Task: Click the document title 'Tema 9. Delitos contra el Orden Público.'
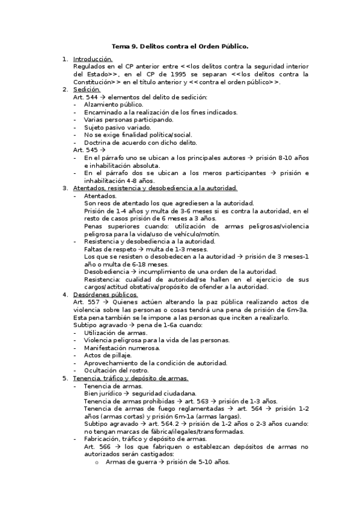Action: click(180, 46)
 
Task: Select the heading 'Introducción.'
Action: click(93, 59)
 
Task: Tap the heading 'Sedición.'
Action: click(87, 90)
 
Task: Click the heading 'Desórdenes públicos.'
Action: click(105, 295)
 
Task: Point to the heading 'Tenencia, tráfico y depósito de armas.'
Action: click(130, 378)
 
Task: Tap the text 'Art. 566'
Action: click(96, 447)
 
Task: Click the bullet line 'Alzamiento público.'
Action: click(114, 105)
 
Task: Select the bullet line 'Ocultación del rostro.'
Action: click(116, 370)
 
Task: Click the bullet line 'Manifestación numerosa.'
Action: click(122, 348)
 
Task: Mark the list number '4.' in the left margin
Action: click(66, 295)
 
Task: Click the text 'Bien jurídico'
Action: click(103, 393)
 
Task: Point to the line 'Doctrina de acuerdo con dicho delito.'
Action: click(140, 143)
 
